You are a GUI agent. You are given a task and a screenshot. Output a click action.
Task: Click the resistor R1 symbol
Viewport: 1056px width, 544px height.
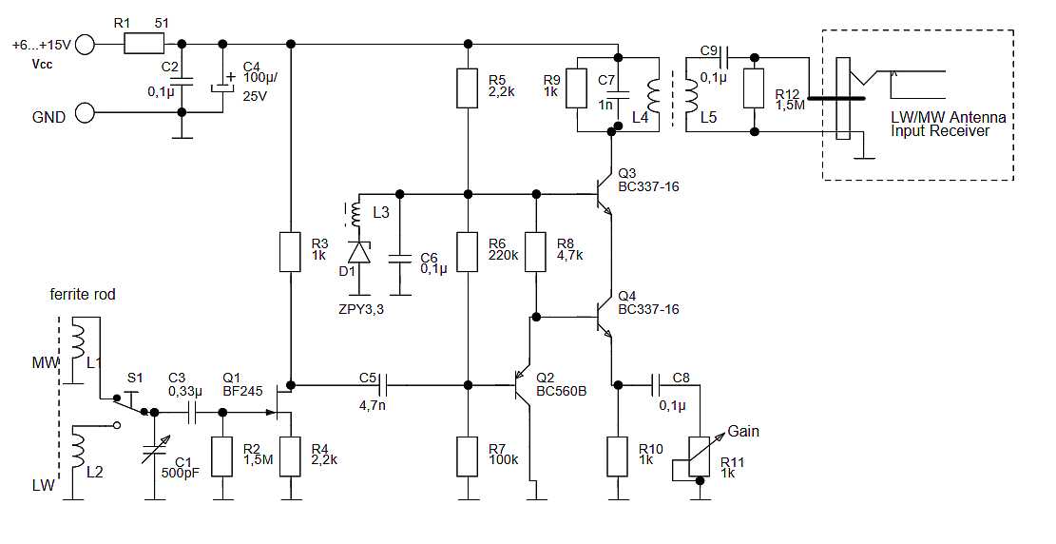144,44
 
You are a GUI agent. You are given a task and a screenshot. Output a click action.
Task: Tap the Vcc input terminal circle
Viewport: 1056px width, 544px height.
86,44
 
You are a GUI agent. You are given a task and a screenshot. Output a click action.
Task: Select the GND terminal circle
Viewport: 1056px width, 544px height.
86,114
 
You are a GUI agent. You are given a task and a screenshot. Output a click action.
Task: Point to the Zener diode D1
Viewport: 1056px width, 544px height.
358,252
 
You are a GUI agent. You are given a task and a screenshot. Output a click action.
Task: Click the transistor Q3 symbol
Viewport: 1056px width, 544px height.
601,194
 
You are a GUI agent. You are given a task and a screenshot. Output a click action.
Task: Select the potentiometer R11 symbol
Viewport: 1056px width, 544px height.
700,457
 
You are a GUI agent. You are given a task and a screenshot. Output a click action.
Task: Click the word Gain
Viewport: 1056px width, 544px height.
743,431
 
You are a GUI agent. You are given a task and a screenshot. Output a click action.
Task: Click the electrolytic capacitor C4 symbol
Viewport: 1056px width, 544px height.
223,87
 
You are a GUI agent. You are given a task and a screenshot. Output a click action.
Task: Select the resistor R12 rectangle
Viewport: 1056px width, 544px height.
754,88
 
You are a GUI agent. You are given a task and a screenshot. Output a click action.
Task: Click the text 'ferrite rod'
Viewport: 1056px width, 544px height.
83,295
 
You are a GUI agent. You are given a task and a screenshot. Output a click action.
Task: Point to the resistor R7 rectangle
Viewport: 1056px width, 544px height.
467,457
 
